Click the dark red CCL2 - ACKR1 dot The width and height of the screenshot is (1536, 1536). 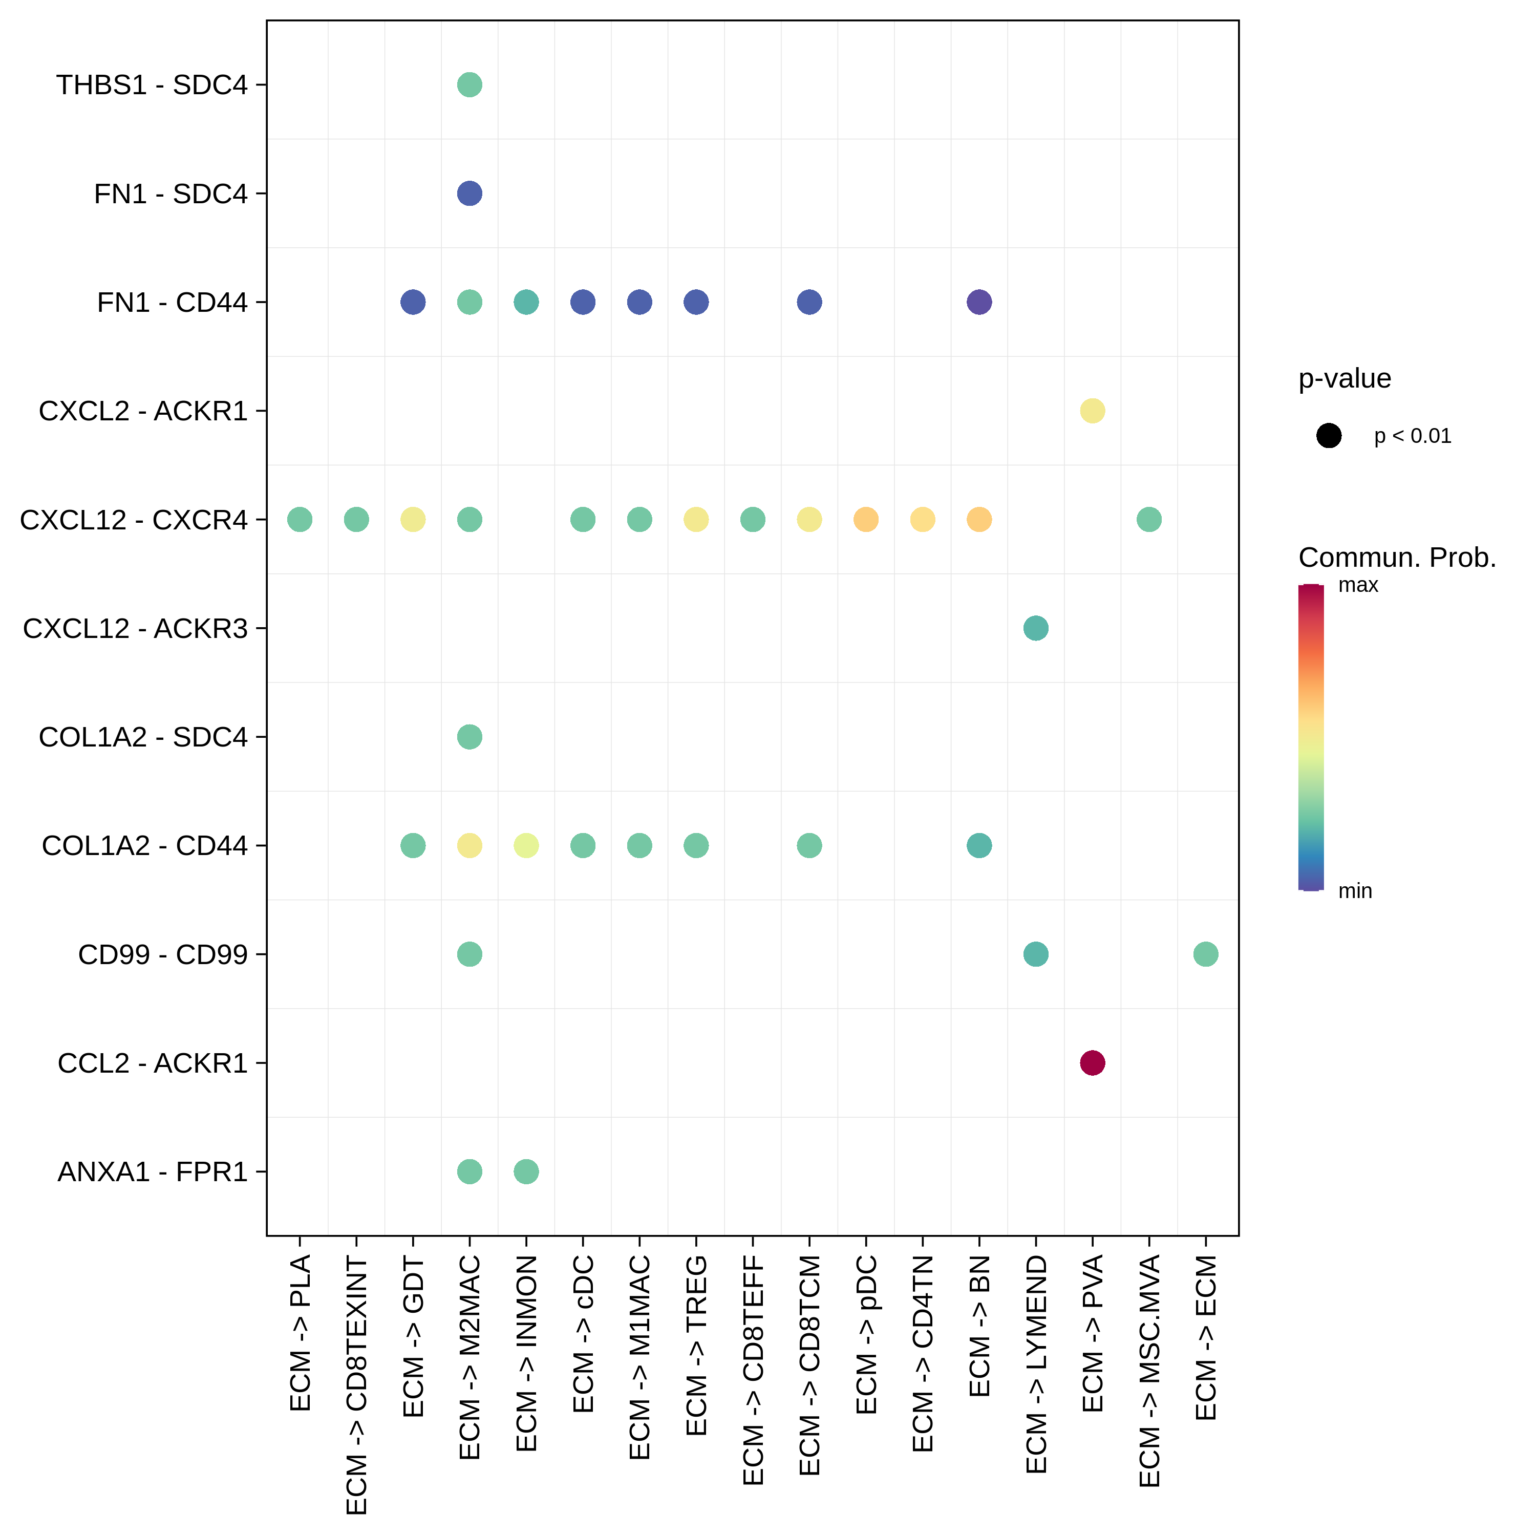(x=1093, y=1062)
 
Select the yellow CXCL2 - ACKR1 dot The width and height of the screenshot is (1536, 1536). (x=1093, y=411)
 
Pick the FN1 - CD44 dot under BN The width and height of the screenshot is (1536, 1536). (x=978, y=302)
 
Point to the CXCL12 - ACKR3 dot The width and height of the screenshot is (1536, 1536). (x=1035, y=628)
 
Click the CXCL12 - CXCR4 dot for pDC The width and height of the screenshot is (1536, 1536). (x=866, y=519)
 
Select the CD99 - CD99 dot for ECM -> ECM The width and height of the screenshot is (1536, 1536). (x=1205, y=953)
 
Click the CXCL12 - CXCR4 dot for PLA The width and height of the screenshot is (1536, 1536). (x=300, y=519)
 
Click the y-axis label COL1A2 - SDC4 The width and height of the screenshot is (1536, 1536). (x=143, y=737)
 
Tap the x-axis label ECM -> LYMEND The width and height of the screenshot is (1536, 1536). (x=1036, y=1363)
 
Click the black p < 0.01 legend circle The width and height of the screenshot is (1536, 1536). (x=1329, y=436)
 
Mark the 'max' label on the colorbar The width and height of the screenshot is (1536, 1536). (x=1358, y=585)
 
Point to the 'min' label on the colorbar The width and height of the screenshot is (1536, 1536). (x=1355, y=891)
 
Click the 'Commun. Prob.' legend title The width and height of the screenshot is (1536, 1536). (x=1397, y=558)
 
